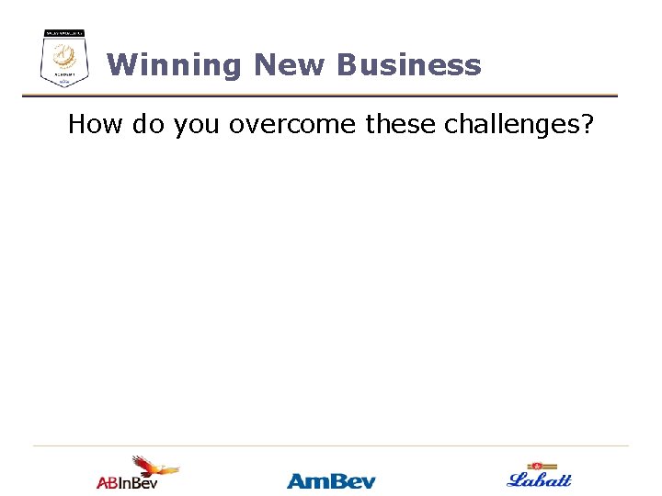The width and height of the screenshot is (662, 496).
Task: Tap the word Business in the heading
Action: coord(408,65)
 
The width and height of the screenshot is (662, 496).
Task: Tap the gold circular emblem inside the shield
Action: coord(64,57)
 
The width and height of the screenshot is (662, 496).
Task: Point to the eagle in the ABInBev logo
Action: coord(152,466)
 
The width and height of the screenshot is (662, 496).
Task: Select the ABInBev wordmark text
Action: coord(127,482)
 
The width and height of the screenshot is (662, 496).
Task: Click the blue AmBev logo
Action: coord(331,480)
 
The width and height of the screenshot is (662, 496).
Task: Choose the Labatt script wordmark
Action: coord(540,479)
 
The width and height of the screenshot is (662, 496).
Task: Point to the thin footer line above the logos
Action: coord(331,446)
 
